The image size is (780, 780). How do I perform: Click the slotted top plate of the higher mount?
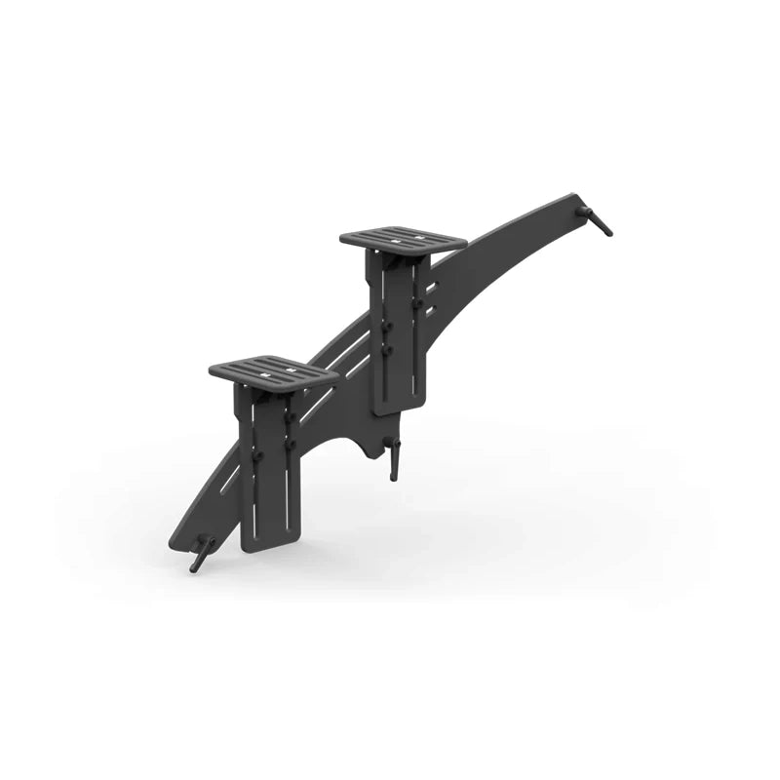(x=403, y=237)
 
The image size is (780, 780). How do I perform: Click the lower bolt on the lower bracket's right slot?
(x=290, y=445)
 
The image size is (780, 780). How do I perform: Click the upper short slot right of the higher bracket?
(x=430, y=288)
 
